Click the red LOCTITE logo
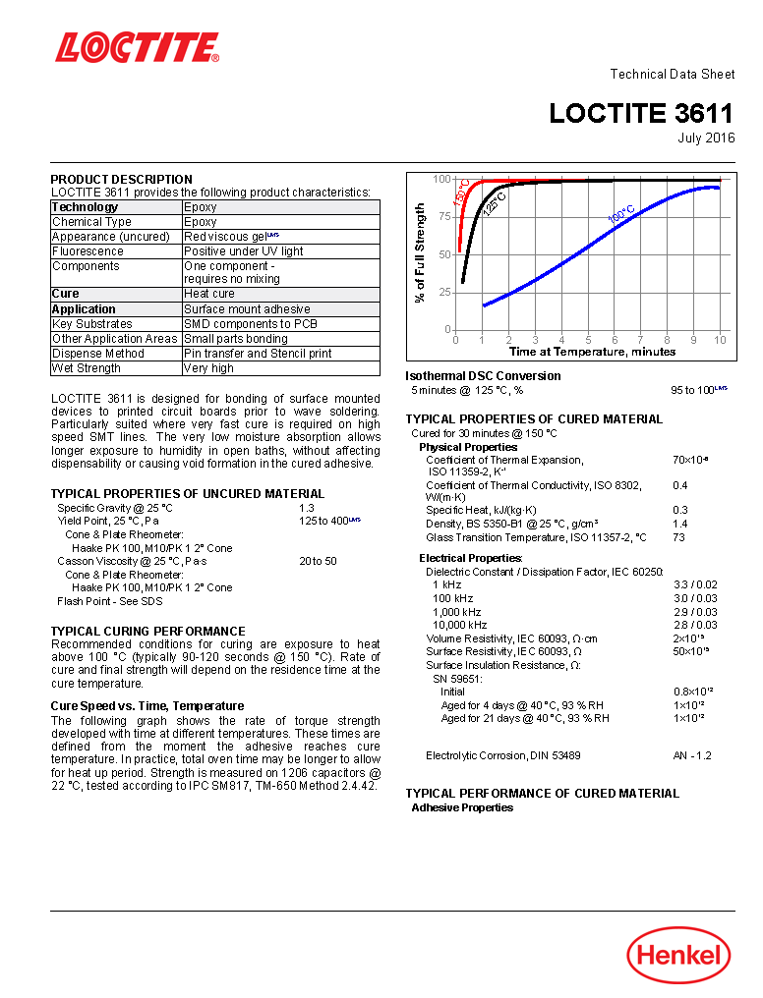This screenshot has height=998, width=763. (x=137, y=47)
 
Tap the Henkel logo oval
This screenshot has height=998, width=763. (x=678, y=955)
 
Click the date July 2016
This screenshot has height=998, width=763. (x=706, y=138)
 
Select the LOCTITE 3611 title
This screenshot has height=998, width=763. (x=641, y=113)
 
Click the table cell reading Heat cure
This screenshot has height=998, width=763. (x=209, y=294)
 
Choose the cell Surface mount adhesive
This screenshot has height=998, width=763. (x=247, y=308)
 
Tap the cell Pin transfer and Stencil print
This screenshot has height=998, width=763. (x=258, y=353)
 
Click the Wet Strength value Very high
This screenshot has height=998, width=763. (x=208, y=368)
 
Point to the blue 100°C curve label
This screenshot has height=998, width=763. (x=621, y=213)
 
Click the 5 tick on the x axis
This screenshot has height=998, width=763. (x=588, y=340)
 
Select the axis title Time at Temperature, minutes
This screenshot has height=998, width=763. (x=592, y=352)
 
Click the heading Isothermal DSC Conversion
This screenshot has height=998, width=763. (x=483, y=375)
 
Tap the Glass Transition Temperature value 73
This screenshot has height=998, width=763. (x=678, y=537)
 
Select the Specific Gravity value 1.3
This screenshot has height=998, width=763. (x=306, y=508)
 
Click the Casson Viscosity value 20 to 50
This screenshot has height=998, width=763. (x=318, y=561)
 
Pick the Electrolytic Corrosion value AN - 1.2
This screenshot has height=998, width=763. (x=691, y=755)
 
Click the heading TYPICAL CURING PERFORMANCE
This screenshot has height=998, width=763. (x=147, y=631)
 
